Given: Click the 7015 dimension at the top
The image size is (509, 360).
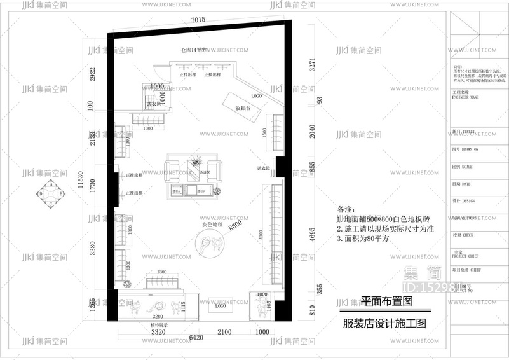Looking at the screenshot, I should [x=198, y=20].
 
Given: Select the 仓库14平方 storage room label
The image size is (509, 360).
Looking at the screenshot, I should [x=194, y=50].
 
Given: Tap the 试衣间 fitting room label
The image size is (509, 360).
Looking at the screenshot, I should [x=154, y=103].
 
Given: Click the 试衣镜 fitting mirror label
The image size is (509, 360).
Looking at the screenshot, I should [x=264, y=169].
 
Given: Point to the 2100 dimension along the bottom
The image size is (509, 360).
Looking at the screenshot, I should [x=225, y=332].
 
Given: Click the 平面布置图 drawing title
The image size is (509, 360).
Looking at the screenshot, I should [x=386, y=300].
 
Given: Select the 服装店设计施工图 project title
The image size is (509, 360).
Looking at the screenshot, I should [x=384, y=324].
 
